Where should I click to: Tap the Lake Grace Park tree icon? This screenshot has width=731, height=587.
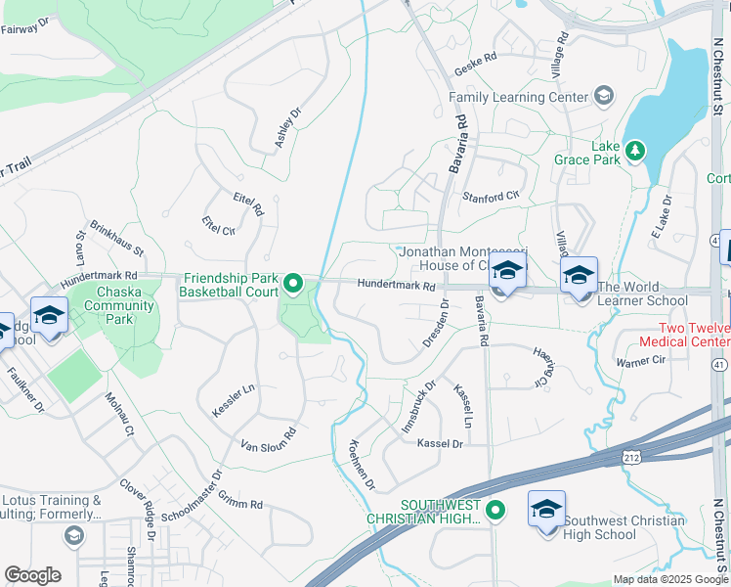(636, 150)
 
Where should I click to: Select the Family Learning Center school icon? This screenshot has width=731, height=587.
(604, 96)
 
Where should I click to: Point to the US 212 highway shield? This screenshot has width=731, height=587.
(631, 457)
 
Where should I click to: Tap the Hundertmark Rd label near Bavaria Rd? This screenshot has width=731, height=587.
(396, 286)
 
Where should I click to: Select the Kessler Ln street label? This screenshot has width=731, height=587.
(234, 400)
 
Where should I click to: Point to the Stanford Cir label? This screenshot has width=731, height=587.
(491, 196)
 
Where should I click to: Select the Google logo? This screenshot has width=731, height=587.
(32, 575)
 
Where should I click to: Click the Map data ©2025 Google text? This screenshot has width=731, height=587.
(669, 579)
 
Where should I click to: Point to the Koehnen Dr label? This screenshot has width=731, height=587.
(355, 464)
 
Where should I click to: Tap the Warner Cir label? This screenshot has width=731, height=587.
(640, 362)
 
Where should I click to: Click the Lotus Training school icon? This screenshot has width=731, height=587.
(73, 535)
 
